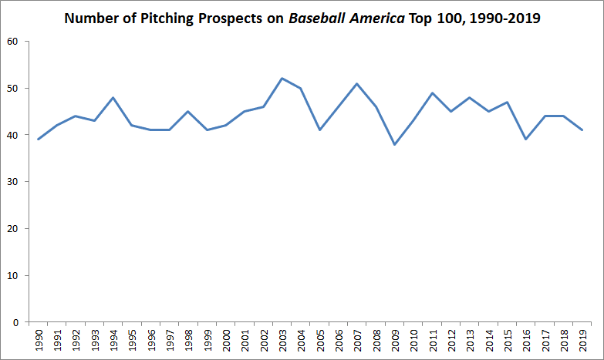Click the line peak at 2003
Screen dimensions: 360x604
[x=282, y=79]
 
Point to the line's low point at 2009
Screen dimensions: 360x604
[x=393, y=144]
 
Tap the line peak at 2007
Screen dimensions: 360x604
[x=356, y=83]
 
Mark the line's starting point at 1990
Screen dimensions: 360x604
[x=39, y=140]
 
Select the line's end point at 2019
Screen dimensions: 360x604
[x=583, y=130]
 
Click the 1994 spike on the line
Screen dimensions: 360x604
[x=113, y=97]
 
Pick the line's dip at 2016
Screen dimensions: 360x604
[x=525, y=140]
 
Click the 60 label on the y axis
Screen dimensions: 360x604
[x=12, y=41]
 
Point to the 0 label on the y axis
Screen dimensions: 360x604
[x=15, y=322]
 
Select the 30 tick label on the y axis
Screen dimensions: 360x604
[x=12, y=182]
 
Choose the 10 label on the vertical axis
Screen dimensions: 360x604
[x=12, y=275]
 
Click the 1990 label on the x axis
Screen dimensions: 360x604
[x=39, y=341]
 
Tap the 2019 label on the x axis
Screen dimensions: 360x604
[x=583, y=341]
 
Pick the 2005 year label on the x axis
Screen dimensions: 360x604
[x=320, y=341]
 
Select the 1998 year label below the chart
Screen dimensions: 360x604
[x=188, y=341]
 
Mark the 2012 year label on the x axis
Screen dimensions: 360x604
[x=451, y=341]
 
